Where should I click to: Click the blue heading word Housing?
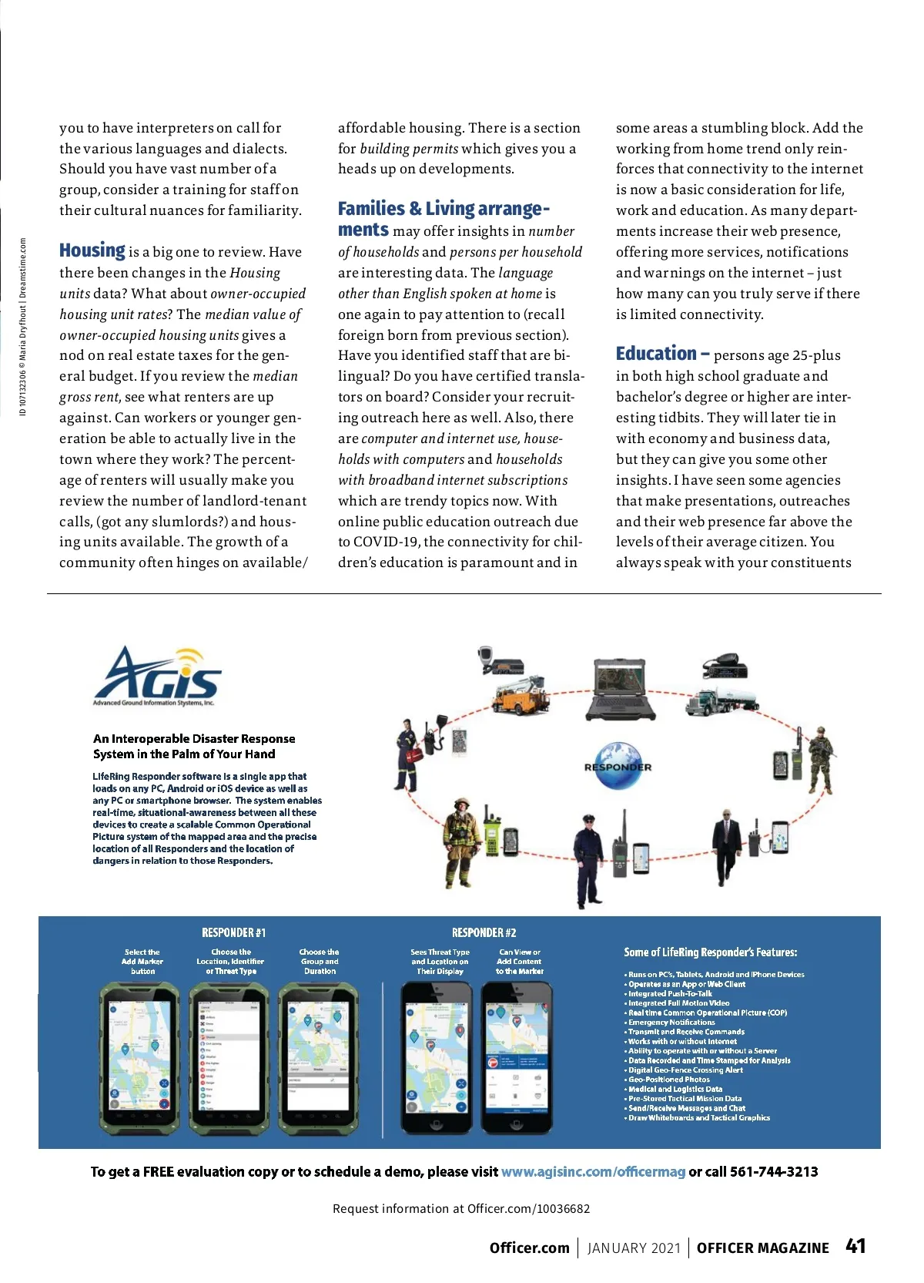[92, 250]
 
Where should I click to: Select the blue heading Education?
[656, 354]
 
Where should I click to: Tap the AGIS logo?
[158, 675]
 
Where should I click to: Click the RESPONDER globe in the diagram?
[618, 766]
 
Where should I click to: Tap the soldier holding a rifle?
[819, 759]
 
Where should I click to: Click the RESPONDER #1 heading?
[233, 932]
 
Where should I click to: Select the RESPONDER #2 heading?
[484, 932]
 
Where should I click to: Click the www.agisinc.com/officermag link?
[593, 1171]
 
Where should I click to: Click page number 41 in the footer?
[855, 1246]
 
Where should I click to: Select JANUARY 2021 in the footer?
[634, 1248]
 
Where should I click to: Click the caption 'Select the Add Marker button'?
[142, 962]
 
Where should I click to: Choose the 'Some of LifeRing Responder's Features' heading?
[710, 952]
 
